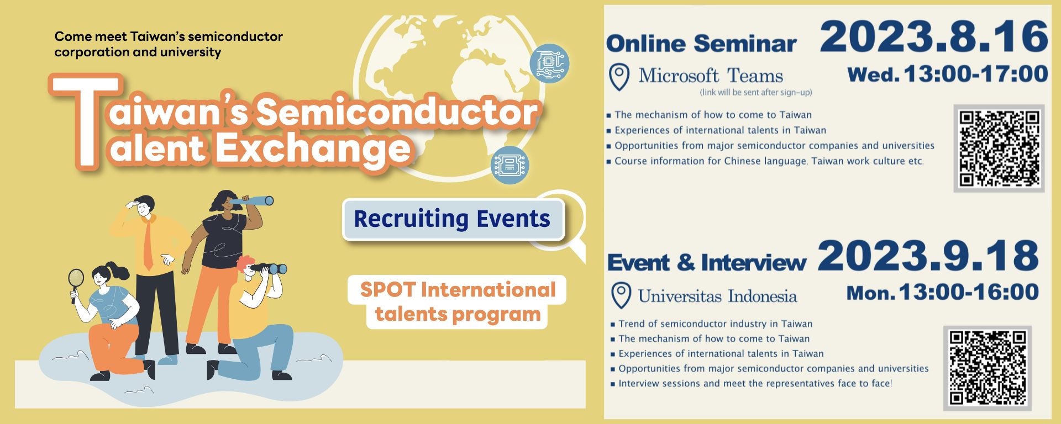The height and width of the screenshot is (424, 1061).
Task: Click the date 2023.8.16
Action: (934, 36)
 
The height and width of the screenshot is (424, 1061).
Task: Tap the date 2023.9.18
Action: (928, 256)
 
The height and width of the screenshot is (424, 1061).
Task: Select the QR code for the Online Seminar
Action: (999, 148)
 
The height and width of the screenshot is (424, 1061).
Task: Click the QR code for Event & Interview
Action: (988, 368)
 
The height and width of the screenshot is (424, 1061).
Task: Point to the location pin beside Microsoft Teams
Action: (619, 77)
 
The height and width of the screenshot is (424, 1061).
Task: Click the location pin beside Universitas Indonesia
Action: (622, 295)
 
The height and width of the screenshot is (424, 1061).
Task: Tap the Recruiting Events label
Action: (453, 219)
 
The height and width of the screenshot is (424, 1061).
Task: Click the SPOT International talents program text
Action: (458, 301)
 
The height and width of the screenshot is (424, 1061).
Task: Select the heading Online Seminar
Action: (701, 43)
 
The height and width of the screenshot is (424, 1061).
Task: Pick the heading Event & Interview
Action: (707, 262)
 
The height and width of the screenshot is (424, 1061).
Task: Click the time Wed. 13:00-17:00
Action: (948, 74)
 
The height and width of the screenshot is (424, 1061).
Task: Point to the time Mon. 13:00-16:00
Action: (943, 292)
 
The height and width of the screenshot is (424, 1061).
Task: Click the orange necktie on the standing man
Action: (148, 243)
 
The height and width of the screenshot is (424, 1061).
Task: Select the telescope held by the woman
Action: (252, 200)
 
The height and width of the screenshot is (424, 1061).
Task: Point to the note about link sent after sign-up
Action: (756, 92)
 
